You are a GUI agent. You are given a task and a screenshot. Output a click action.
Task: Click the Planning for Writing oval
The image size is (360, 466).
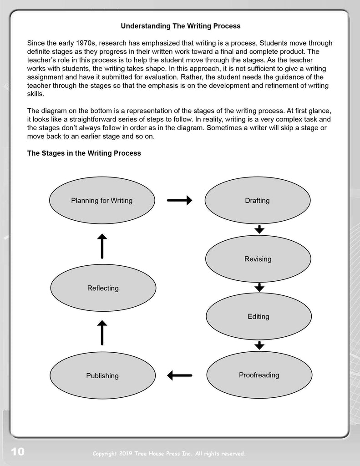(101, 201)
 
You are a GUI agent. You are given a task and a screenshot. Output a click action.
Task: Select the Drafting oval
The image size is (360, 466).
(258, 200)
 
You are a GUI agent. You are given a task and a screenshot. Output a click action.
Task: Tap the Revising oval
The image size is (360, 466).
(258, 259)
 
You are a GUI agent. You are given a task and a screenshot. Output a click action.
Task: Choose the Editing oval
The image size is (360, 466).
(259, 316)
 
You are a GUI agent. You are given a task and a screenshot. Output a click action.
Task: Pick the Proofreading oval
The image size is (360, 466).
(259, 375)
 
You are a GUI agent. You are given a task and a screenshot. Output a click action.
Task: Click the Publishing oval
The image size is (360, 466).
(102, 375)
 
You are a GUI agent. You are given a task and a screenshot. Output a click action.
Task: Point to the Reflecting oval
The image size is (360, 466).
(103, 288)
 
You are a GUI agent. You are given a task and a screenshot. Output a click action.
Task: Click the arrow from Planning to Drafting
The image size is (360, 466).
(179, 200)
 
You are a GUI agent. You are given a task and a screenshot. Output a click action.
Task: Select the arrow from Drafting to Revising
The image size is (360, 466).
(259, 229)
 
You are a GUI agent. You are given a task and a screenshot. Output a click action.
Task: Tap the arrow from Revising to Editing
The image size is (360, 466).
(259, 287)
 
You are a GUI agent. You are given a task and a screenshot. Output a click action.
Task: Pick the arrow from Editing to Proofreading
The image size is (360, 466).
(259, 345)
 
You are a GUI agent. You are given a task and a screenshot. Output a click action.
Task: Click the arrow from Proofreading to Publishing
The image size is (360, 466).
(179, 375)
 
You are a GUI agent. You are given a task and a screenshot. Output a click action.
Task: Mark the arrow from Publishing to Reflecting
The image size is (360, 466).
(102, 332)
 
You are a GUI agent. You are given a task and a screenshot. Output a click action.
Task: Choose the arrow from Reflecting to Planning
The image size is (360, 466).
(102, 246)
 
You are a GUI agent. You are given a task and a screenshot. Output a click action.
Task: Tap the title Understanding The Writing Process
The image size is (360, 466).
(180, 26)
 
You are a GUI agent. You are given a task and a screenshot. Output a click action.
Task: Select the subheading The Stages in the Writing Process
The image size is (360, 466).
(84, 153)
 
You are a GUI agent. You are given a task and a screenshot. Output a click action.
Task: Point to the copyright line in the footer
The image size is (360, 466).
(169, 453)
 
